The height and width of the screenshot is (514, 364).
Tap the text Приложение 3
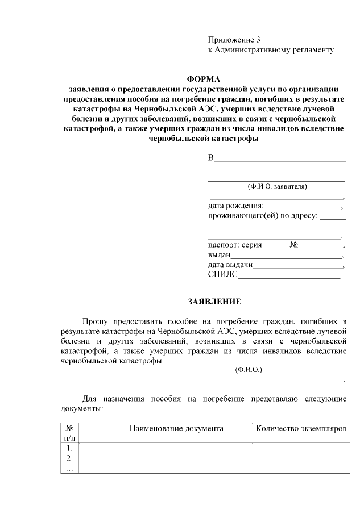[234, 40]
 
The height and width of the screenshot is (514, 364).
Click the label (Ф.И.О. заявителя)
[277, 186]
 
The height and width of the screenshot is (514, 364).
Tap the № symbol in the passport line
[295, 246]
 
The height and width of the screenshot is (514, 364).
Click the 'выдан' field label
[219, 256]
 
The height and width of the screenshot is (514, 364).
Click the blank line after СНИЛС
[289, 277]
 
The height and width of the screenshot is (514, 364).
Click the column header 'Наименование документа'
[176, 428]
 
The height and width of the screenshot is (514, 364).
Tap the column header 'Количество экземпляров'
[301, 428]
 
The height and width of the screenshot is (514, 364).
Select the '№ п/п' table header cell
[69, 433]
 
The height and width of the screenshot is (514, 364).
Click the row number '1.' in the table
[69, 448]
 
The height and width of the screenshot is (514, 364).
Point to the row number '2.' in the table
[69, 458]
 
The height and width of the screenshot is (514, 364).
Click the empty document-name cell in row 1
[166, 448]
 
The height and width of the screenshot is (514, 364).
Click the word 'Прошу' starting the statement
[95, 321]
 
